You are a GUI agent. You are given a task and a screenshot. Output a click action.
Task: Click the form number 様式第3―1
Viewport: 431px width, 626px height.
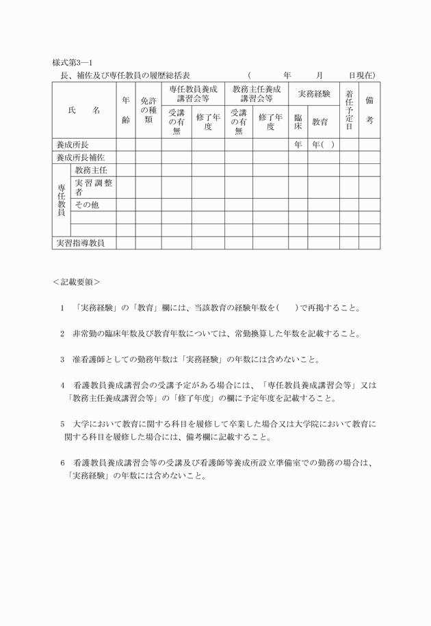pos(72,64)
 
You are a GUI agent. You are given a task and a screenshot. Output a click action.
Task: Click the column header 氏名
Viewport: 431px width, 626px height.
pos(84,109)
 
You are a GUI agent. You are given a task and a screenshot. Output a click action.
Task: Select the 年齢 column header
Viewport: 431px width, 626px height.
pos(126,109)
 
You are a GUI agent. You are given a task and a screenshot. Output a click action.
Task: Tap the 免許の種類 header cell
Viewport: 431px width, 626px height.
pos(148,109)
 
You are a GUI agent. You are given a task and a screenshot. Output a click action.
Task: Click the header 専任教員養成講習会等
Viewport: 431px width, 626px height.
pos(193,94)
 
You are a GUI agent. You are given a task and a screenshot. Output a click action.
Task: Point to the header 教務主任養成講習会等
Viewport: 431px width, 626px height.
pos(257,94)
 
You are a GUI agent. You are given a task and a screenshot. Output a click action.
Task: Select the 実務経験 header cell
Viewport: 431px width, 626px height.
pos(314,94)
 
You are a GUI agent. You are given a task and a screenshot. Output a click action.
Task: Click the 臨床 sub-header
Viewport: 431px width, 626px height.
pos(298,122)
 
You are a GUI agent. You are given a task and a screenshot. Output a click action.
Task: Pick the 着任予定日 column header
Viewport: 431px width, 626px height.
pos(349,109)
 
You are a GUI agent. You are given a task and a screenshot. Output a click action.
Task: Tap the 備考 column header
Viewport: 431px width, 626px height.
pos(369,109)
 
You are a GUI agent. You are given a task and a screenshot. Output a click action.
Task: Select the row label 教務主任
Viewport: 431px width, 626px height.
pos(91,169)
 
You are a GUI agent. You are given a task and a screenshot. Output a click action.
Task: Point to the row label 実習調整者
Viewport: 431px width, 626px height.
pos(94,187)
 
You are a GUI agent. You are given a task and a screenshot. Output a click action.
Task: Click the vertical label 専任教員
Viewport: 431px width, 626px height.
pos(61,200)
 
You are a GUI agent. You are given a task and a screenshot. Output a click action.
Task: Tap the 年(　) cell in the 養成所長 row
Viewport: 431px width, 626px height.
pos(323,145)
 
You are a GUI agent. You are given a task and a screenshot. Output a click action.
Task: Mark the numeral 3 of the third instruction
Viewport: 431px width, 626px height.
pos(62,358)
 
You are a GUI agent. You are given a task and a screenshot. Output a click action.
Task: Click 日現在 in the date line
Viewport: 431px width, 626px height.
pos(361,74)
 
